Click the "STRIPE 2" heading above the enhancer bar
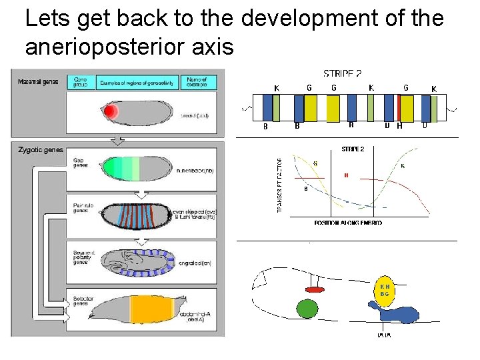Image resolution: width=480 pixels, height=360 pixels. click(343, 73)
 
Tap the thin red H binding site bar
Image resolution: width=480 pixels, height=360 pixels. click(399, 107)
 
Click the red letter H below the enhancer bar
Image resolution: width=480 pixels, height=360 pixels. click(399, 125)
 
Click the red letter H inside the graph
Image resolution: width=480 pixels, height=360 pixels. click(346, 175)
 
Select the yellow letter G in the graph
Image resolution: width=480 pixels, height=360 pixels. click(315, 163)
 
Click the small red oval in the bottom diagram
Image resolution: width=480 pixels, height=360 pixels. click(315, 289)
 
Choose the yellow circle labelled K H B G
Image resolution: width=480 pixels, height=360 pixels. click(384, 290)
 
